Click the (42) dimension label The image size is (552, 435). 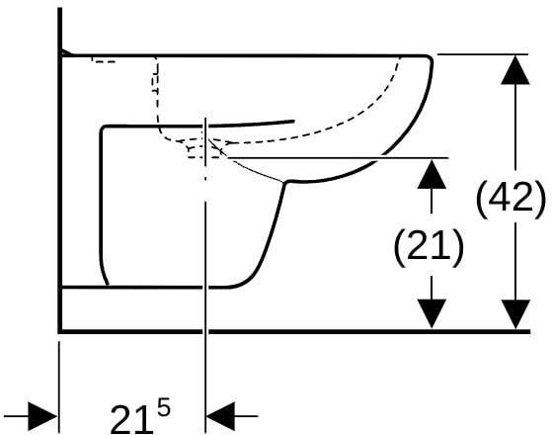click(x=511, y=200)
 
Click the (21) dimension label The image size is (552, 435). click(x=429, y=248)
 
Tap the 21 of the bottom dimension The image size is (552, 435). click(x=131, y=419)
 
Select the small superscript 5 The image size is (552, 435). click(x=164, y=409)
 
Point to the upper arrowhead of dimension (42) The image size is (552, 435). click(x=515, y=70)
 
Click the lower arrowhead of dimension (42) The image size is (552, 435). click(x=515, y=314)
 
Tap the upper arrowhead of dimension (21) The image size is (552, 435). click(x=432, y=174)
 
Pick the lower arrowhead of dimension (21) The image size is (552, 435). click(x=432, y=313)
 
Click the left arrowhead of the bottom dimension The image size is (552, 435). click(x=42, y=416)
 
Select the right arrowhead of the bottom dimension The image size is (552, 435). click(x=221, y=416)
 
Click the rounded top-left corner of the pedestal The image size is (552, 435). click(x=104, y=129)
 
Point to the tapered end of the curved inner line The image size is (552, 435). click(x=293, y=122)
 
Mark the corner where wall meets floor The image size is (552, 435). click(x=60, y=331)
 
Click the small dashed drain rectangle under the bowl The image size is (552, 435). click(x=204, y=151)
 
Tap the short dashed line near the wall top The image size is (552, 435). click(x=104, y=61)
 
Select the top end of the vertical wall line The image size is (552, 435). click(x=60, y=9)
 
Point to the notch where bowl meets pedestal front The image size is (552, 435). click(x=285, y=182)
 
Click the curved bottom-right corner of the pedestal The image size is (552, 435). click(x=243, y=282)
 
